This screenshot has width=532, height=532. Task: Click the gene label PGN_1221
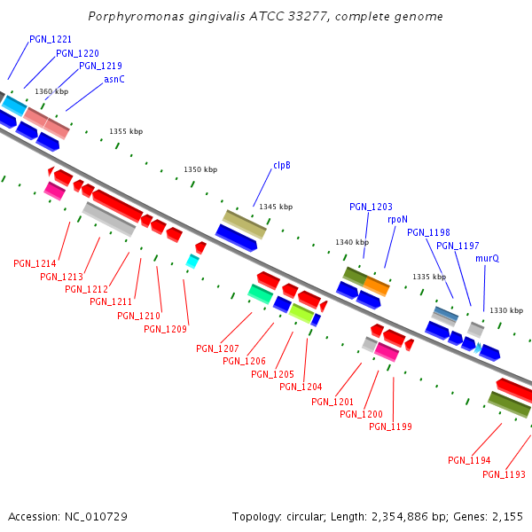pos(51,40)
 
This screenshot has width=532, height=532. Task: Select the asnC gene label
pos(114,79)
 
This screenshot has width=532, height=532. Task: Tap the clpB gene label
pos(282,165)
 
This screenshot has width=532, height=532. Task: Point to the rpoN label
pos(398,219)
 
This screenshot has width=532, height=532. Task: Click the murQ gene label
pos(487,258)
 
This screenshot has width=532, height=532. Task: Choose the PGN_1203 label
pos(371,207)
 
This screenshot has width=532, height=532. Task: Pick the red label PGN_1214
pos(35,263)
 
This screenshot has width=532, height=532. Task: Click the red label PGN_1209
pos(165,329)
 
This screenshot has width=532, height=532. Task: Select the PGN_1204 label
pos(301,387)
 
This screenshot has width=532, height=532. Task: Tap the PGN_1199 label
pos(390,426)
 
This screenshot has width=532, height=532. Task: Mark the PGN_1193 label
pos(504,474)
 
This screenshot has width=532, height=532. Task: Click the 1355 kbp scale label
pos(126,131)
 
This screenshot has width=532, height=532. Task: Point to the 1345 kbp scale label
pos(276,207)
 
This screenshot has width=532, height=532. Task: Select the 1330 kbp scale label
pos(506,310)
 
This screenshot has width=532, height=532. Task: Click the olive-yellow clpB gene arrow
pos(244,224)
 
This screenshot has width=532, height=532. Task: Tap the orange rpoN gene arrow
pos(377,286)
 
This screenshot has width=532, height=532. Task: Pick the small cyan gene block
pos(192,261)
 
